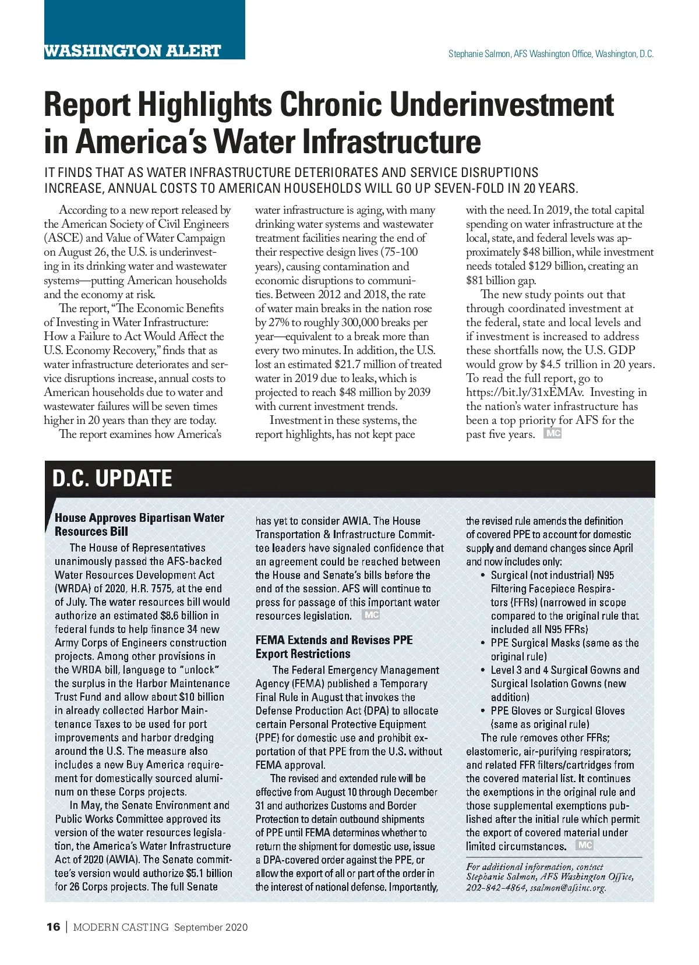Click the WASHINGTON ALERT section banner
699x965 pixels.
coord(133,51)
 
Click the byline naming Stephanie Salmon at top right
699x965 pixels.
coord(550,54)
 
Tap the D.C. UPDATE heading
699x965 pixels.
coord(112,478)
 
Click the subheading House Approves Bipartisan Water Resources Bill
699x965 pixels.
coord(139,524)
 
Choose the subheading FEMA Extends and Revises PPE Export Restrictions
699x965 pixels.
coord(334,646)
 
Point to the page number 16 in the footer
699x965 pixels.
coord(53,927)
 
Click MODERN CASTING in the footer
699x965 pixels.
coord(121,927)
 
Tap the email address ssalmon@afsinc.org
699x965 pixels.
coord(567,888)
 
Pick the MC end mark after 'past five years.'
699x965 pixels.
coord(552,433)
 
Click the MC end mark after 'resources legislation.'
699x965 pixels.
coord(370,615)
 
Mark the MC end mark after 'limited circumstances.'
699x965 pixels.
coord(584,845)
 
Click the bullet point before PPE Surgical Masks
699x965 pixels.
coord(483,643)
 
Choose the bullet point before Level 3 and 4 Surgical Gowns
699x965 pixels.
coord(483,670)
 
